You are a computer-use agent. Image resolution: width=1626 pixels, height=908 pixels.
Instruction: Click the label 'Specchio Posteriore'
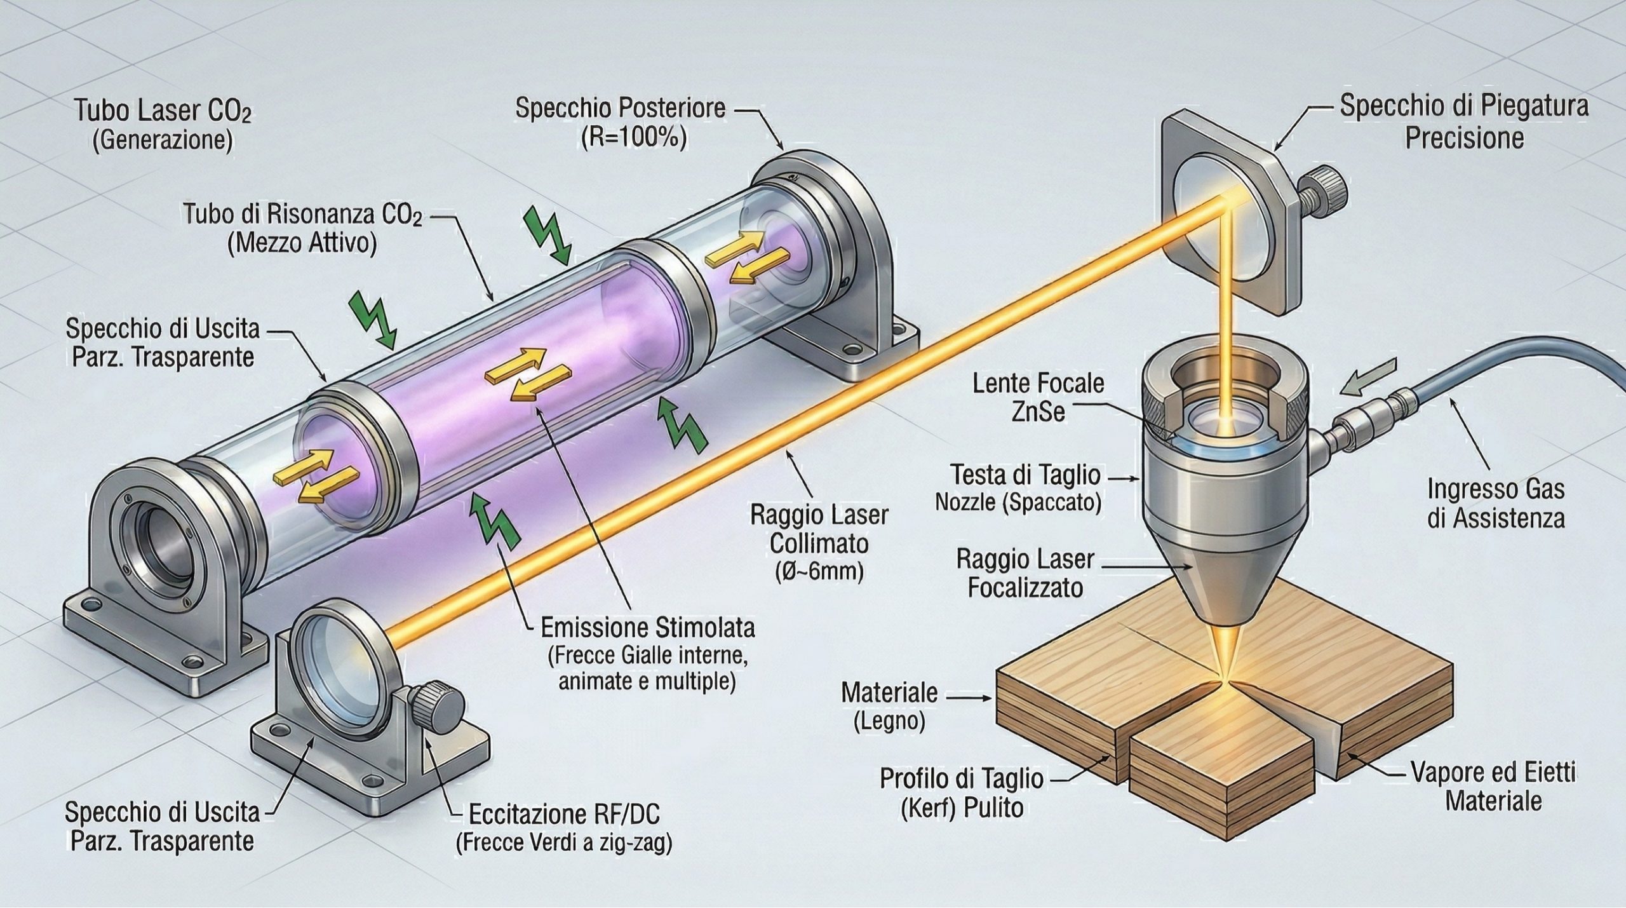[620, 108]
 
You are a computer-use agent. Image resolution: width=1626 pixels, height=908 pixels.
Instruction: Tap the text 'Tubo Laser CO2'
[163, 112]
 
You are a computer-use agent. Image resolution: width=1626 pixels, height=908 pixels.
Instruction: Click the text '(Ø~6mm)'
[819, 573]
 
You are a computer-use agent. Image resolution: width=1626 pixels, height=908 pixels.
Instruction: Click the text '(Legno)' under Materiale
[889, 721]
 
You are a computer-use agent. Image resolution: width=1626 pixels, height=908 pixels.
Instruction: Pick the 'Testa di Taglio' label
[1025, 475]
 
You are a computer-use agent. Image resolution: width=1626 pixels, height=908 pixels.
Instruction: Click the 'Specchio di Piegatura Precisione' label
[1463, 122]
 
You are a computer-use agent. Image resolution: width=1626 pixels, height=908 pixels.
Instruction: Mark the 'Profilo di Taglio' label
[961, 778]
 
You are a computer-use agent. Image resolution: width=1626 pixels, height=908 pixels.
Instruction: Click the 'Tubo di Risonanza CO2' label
[302, 216]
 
